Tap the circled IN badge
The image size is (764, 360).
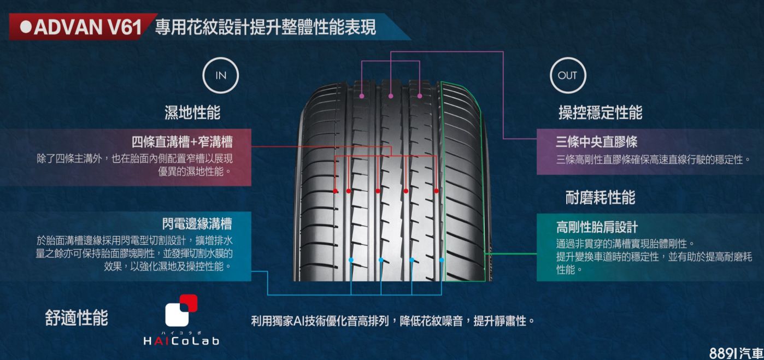coord(220,75)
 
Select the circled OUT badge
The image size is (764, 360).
coord(567,75)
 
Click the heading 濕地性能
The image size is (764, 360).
coord(193,113)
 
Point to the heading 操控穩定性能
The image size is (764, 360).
coord(600,113)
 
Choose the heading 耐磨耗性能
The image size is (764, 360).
coord(600,197)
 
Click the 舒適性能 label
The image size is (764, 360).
coord(77,318)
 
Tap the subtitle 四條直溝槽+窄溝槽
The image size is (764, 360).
coord(182,143)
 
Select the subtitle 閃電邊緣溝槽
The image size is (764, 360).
coord(197,223)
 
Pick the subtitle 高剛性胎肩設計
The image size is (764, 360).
coord(597,227)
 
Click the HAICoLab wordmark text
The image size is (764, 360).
coord(181,341)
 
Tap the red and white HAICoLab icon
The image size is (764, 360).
coord(181,311)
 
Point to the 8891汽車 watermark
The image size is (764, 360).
coord(735,352)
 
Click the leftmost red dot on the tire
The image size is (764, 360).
coord(335,191)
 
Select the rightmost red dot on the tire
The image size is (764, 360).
coord(437,191)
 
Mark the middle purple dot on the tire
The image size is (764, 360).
coord(391,96)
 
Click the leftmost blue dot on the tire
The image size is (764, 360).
coord(351,259)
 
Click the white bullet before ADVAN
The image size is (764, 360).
coord(26,27)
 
